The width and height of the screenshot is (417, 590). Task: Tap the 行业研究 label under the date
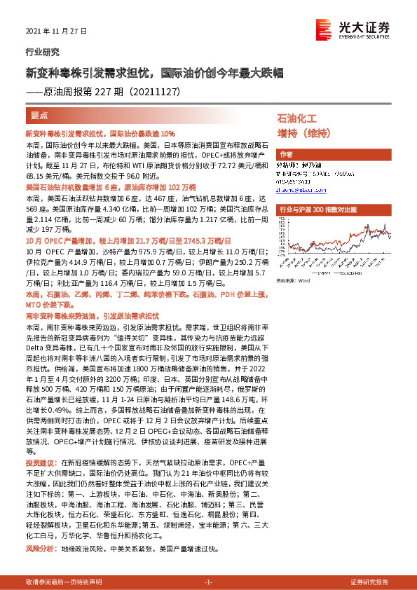43,52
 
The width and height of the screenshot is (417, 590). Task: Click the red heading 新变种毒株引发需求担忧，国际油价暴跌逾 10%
100,133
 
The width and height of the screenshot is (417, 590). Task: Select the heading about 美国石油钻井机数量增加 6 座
110,188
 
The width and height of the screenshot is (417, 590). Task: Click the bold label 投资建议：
41,464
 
